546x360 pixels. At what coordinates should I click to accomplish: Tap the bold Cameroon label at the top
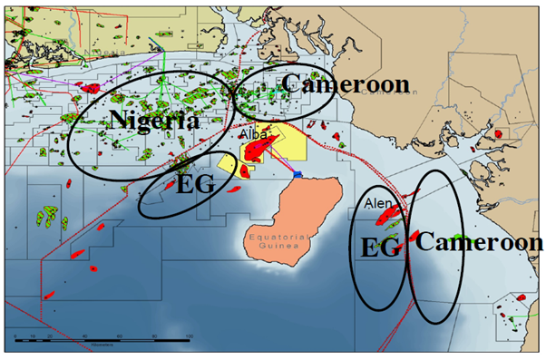345,84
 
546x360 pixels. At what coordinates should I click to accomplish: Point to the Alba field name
252,134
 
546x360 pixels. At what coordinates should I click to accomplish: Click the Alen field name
375,205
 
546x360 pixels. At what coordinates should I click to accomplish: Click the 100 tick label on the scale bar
189,336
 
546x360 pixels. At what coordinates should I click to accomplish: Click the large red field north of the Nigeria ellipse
92,87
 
